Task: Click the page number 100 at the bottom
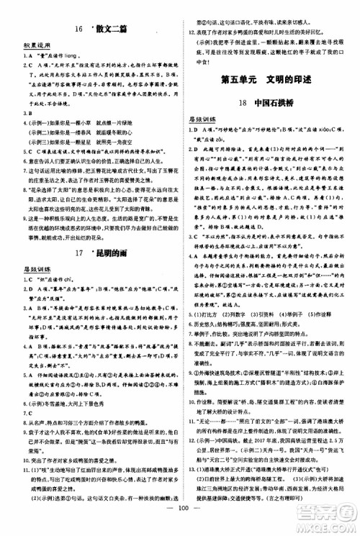[180, 516]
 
